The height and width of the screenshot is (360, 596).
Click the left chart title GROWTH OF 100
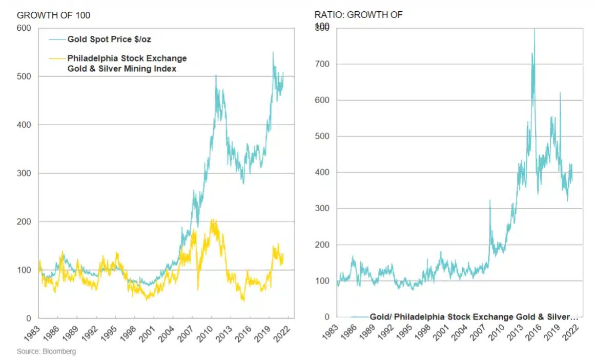coord(53,15)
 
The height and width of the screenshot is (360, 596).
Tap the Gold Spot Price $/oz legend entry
coord(108,39)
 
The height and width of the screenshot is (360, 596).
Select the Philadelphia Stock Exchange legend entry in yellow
coord(127,63)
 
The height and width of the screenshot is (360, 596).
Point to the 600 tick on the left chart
coord(24,28)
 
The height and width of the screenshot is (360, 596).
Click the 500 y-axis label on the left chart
coord(24,76)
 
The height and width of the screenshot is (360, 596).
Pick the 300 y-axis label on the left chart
coord(24,173)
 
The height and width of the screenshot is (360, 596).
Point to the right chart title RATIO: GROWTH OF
coord(358,15)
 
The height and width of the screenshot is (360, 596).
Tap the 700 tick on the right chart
coord(321,64)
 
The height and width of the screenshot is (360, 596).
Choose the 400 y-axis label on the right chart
coord(321,172)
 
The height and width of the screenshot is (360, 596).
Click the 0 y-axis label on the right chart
coord(327,317)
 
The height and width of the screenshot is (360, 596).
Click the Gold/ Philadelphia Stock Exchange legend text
coord(474,317)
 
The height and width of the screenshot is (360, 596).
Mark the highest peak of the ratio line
coord(535,29)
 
